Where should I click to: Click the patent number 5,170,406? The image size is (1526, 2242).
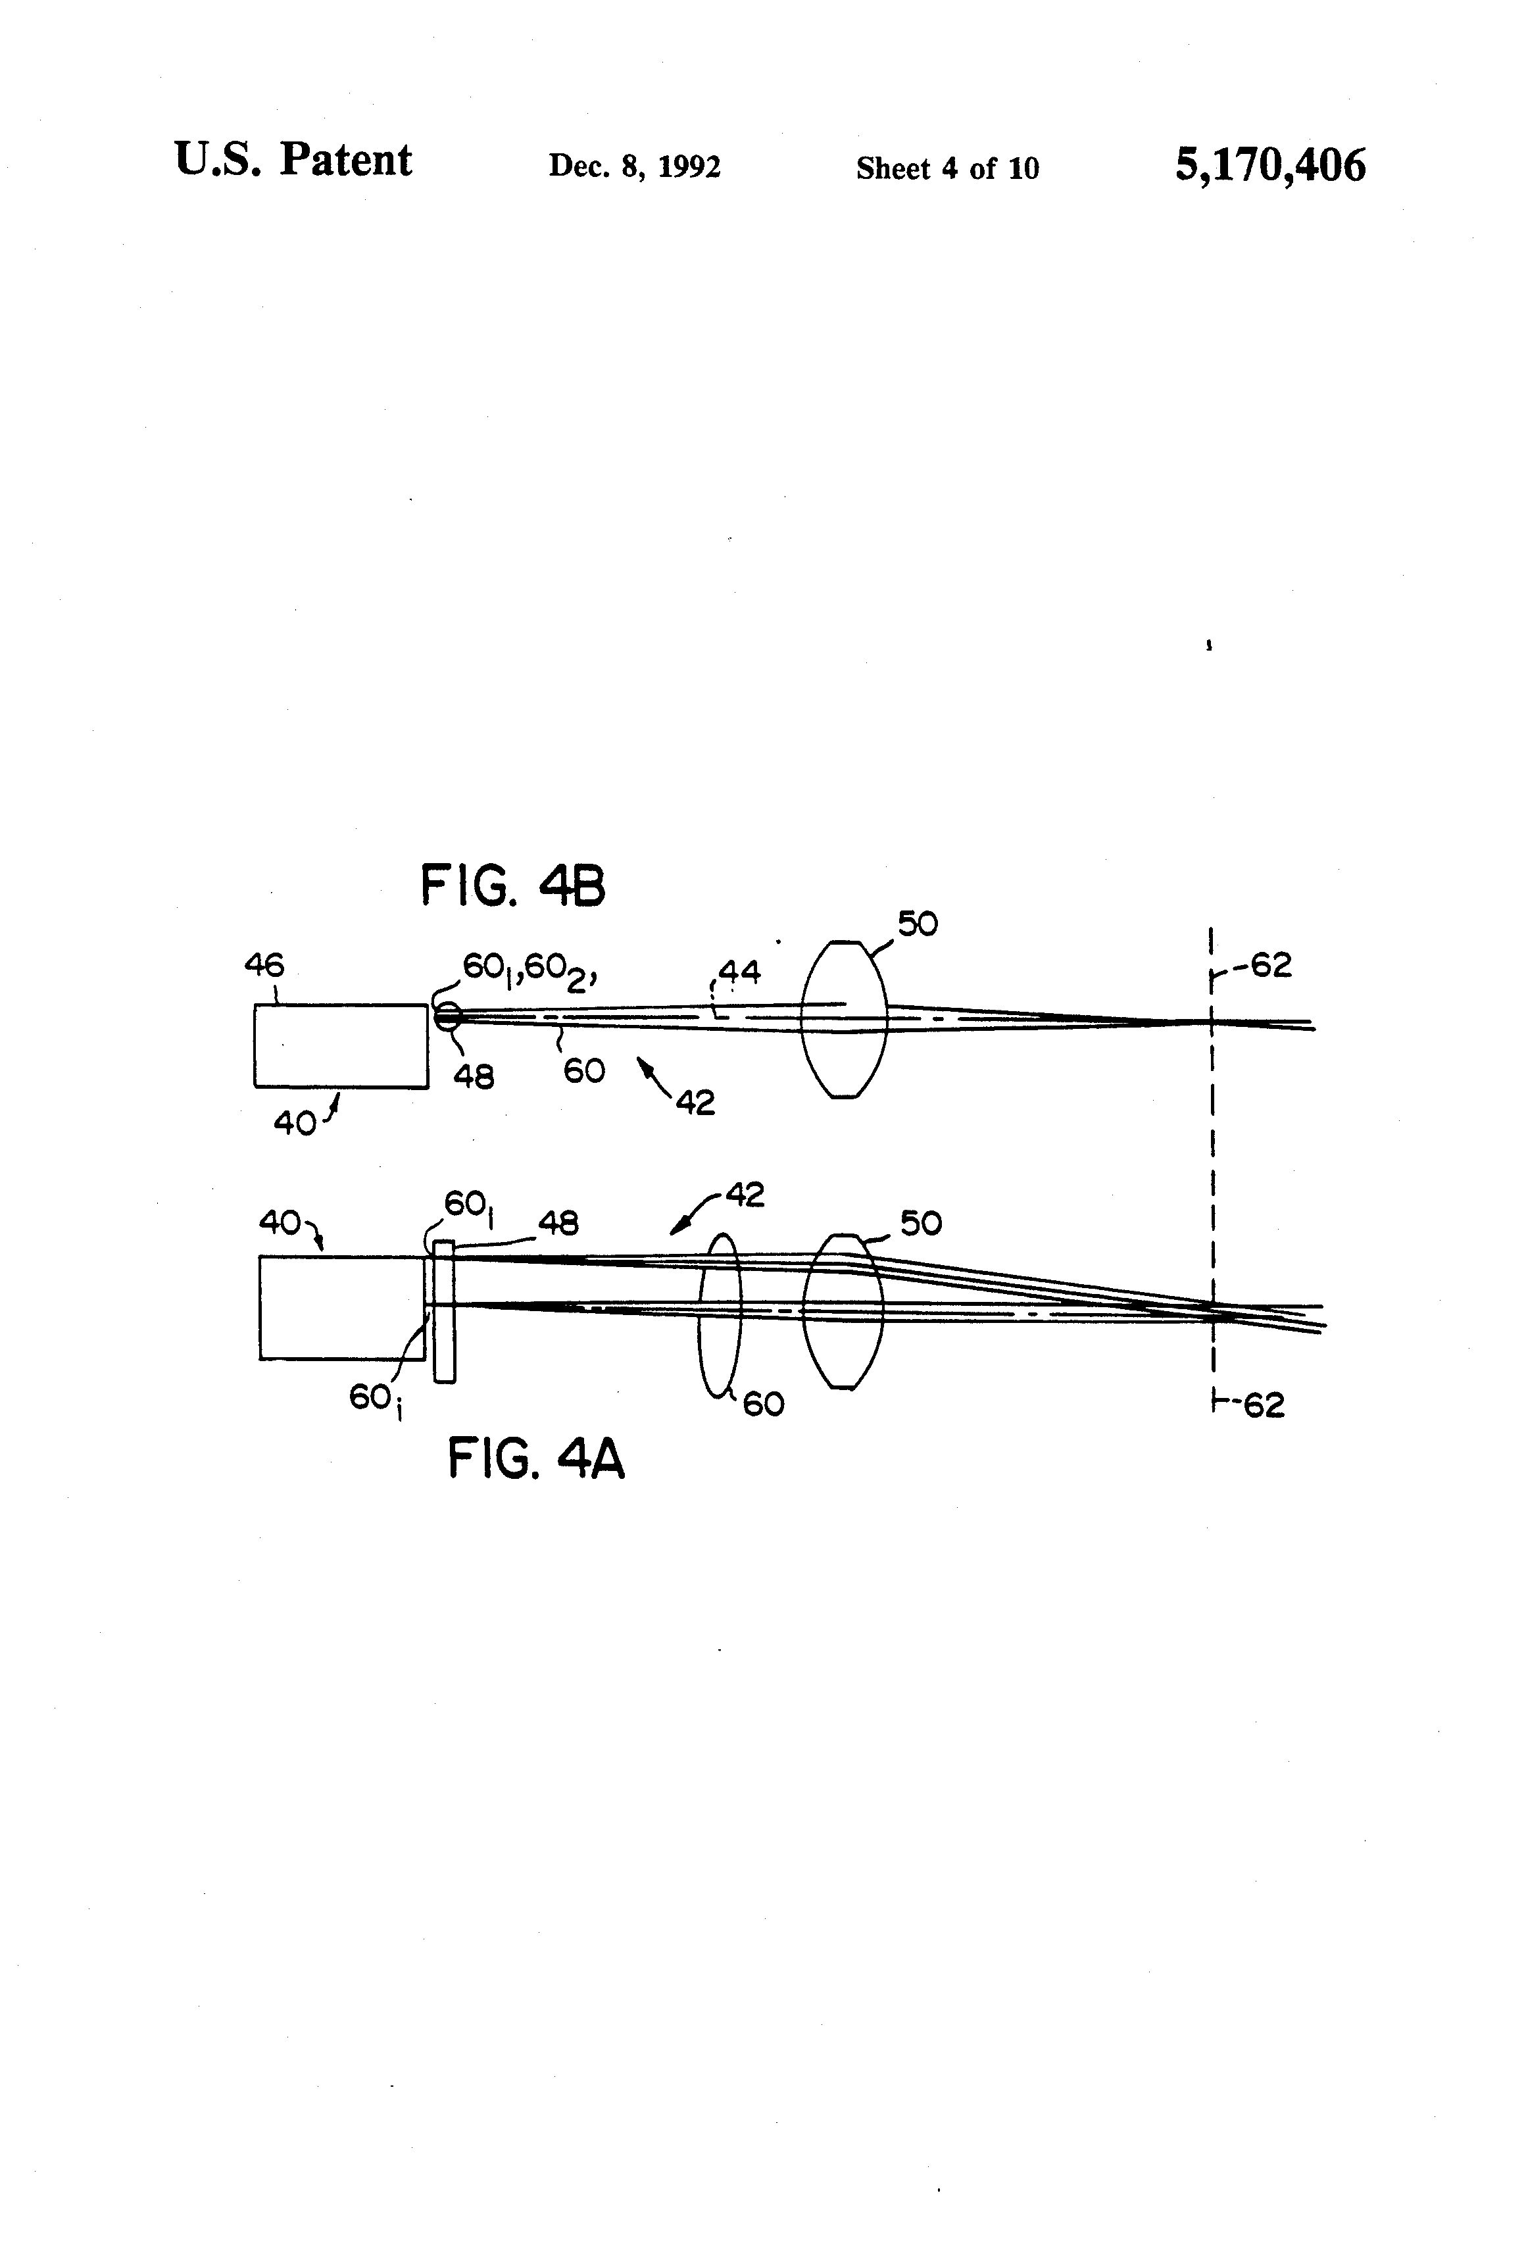[x=1269, y=165]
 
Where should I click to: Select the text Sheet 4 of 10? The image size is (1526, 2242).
[x=947, y=169]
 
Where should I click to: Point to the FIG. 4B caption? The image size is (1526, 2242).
[x=513, y=885]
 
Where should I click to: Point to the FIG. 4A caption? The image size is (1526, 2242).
[x=536, y=1458]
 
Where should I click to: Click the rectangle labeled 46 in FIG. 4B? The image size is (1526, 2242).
[x=341, y=1046]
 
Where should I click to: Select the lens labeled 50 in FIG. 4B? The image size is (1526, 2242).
[x=843, y=1019]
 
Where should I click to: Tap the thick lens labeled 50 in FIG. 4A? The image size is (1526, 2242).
[x=843, y=1311]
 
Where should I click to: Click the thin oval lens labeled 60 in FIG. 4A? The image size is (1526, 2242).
[x=720, y=1314]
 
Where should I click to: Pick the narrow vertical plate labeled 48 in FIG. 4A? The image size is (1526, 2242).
[x=444, y=1311]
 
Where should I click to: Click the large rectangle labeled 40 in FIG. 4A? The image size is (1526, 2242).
[x=341, y=1307]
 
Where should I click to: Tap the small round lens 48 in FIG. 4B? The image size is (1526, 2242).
[x=447, y=1015]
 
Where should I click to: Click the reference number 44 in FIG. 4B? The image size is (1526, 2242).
[x=739, y=972]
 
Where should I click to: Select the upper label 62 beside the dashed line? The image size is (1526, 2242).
[x=1270, y=964]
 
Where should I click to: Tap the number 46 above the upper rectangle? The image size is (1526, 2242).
[x=264, y=964]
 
